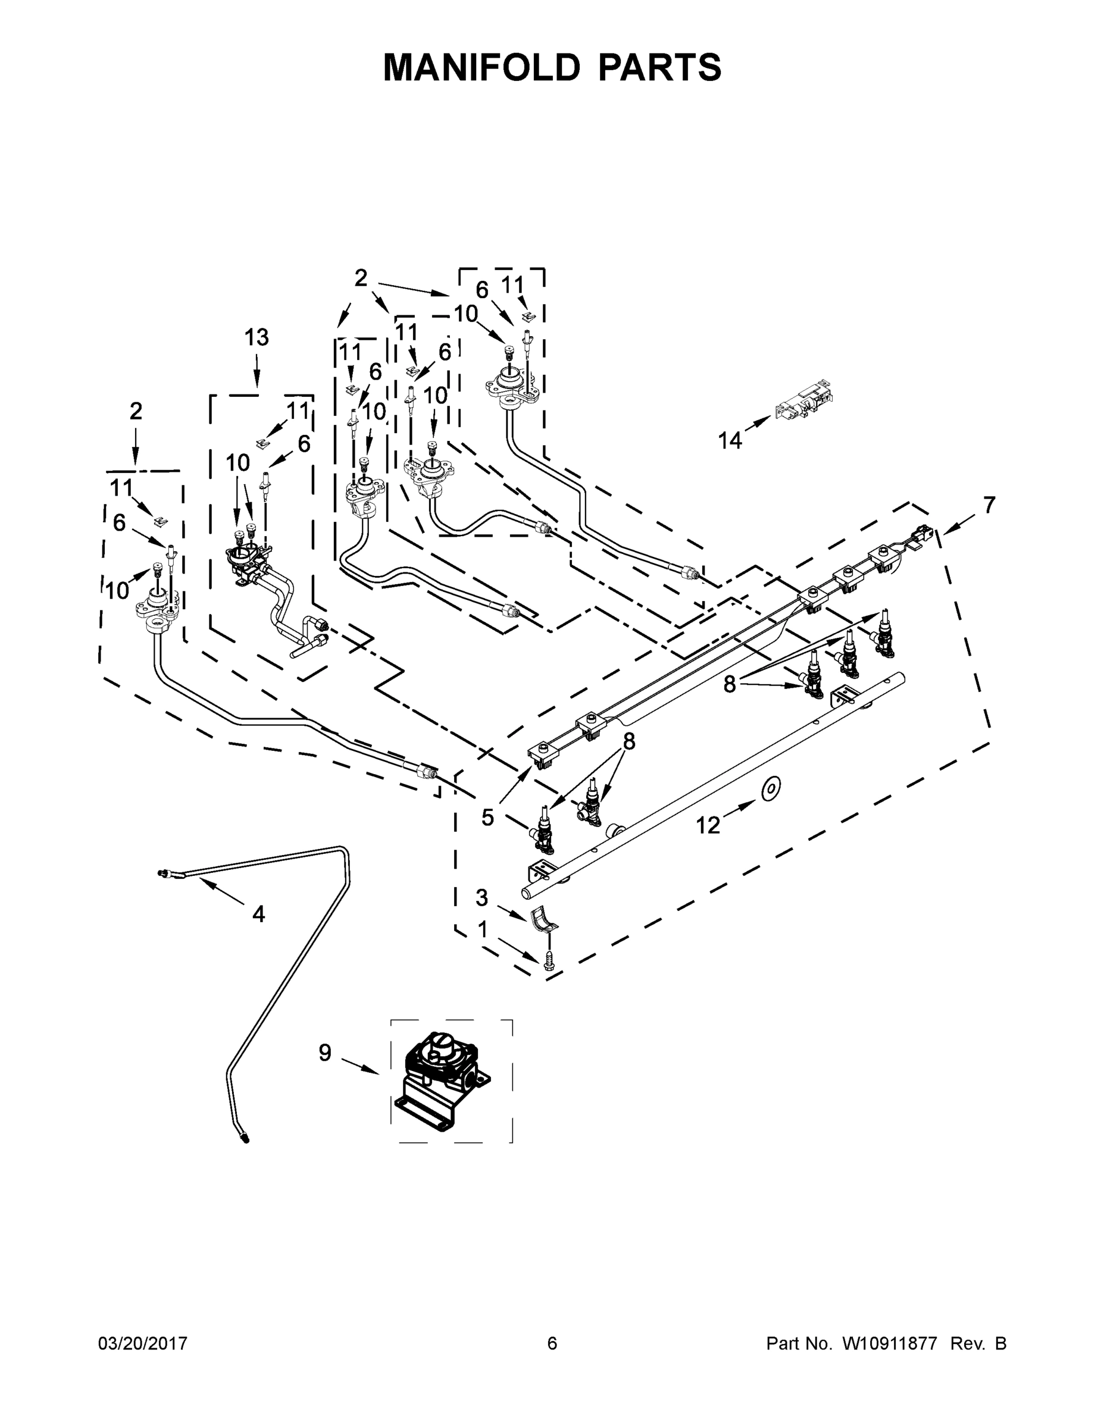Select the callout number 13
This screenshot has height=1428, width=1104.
click(257, 337)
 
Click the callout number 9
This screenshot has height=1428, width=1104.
click(325, 1053)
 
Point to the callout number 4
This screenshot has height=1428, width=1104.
click(259, 914)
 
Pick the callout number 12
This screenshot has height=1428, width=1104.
click(708, 826)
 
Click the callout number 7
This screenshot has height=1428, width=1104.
click(989, 505)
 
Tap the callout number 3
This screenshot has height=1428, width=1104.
click(481, 898)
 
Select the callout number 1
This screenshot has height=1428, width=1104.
click(483, 929)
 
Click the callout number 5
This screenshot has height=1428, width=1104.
click(488, 818)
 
